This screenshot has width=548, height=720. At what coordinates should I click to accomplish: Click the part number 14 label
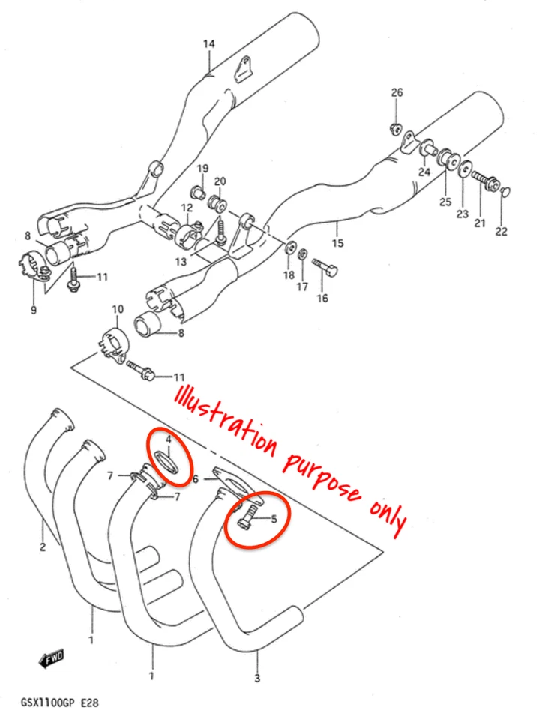(x=208, y=44)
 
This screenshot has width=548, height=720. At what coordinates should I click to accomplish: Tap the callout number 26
(x=397, y=92)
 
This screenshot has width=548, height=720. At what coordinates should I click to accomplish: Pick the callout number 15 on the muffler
(x=337, y=244)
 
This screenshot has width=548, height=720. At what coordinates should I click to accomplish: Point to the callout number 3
(x=257, y=679)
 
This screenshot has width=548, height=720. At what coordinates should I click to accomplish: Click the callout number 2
(x=42, y=547)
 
